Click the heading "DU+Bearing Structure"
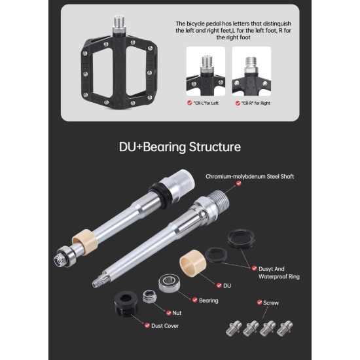point(180,147)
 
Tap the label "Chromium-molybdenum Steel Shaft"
point(249,177)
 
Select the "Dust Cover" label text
point(165,326)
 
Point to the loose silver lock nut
point(149,297)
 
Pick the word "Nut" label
point(177,313)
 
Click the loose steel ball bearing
point(170,283)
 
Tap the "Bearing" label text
point(208,300)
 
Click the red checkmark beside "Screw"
point(259,302)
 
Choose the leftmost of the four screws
point(234,329)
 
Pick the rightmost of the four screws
point(285,329)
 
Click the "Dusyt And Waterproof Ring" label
point(279,273)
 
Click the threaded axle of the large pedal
point(119,22)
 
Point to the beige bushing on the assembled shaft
point(85,242)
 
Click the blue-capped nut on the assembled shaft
point(58,260)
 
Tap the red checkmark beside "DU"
point(219,285)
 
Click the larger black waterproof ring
point(241,238)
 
